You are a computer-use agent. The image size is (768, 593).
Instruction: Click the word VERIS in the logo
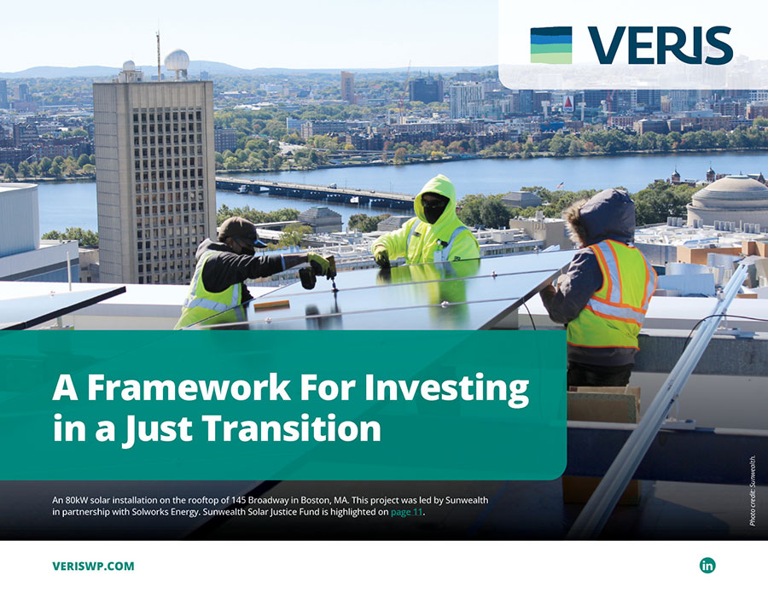[660, 46]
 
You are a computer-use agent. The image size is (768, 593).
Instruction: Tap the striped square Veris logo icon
[551, 45]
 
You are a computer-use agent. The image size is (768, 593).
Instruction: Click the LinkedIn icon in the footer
[707, 565]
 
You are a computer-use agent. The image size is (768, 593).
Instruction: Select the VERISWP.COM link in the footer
[93, 566]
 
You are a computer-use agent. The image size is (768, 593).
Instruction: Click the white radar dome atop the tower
[177, 61]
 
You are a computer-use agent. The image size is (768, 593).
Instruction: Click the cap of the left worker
[240, 230]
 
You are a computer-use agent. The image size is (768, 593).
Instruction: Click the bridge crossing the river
[316, 192]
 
